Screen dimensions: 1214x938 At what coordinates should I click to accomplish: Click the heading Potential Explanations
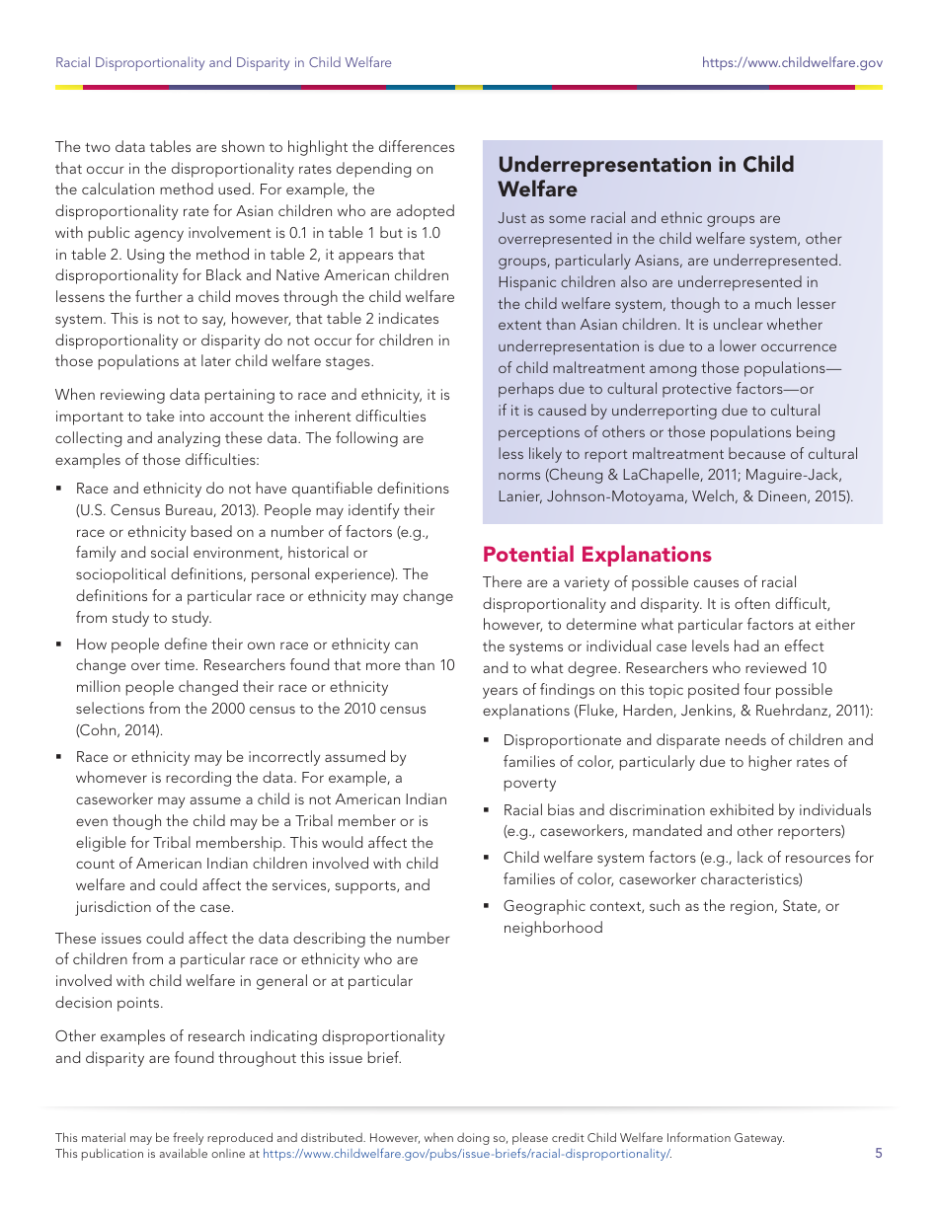[x=596, y=555]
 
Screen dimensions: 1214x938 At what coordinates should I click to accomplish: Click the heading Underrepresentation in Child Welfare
[x=646, y=177]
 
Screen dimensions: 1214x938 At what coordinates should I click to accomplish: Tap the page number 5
[x=879, y=1153]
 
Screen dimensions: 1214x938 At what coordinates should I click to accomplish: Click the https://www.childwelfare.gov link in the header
[x=792, y=62]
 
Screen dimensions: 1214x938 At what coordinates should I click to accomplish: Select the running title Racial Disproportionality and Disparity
[x=223, y=62]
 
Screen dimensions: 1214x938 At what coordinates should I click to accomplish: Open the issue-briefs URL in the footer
[x=466, y=1153]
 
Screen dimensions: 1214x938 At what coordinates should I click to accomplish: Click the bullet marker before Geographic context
[x=487, y=906]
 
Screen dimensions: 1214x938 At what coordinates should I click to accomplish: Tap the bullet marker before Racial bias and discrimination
[x=487, y=810]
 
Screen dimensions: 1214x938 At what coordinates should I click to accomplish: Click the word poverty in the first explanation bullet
[x=530, y=783]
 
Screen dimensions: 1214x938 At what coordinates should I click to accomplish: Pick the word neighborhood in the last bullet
[x=553, y=928]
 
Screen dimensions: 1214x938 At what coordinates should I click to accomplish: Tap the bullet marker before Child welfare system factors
[x=487, y=858]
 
